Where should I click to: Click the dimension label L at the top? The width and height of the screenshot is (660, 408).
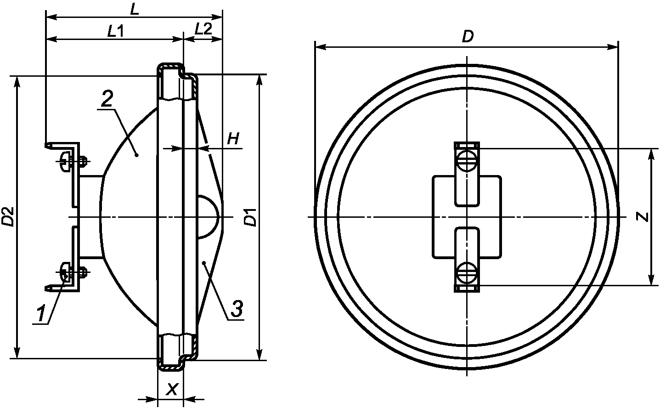pyautogui.click(x=135, y=10)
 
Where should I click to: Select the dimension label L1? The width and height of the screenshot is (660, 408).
pyautogui.click(x=115, y=31)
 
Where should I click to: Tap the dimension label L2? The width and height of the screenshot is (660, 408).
pyautogui.click(x=203, y=29)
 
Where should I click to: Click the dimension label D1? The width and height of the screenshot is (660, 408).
pyautogui.click(x=251, y=217)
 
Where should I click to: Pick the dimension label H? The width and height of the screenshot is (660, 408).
pyautogui.click(x=233, y=139)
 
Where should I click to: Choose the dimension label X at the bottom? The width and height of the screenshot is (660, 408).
pyautogui.click(x=171, y=390)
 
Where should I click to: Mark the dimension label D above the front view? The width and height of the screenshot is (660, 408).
pyautogui.click(x=468, y=37)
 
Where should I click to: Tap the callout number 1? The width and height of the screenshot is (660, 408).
pyautogui.click(x=41, y=314)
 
